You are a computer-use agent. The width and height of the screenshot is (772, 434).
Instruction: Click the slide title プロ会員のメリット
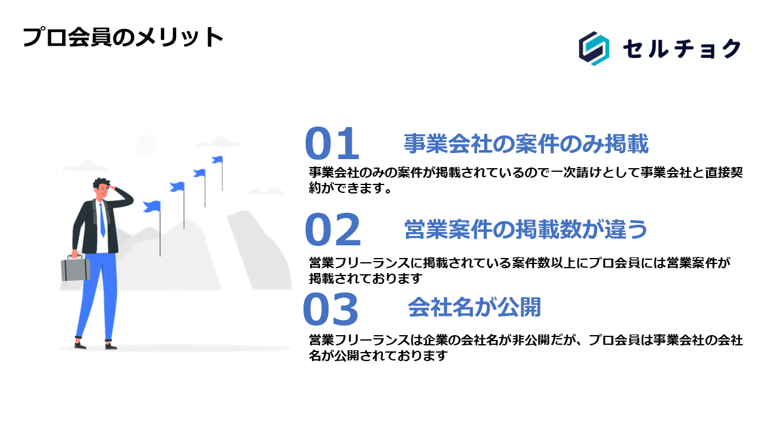coord(122,37)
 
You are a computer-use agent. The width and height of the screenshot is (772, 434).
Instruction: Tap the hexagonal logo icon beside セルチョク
coord(594,48)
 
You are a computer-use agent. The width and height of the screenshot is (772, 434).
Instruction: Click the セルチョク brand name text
coord(682,49)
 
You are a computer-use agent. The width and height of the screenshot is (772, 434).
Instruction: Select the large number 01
coord(332,143)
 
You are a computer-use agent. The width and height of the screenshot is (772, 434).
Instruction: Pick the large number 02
coord(333,230)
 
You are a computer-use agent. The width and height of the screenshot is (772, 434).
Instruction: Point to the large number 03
coord(331,309)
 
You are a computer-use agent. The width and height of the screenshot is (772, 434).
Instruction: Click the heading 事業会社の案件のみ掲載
coord(526,143)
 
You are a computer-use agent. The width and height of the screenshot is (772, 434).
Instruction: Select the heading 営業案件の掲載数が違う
coord(525,230)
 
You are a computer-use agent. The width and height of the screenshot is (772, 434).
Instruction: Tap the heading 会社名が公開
coord(475,307)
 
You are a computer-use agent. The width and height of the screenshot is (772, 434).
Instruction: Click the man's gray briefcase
coord(75,269)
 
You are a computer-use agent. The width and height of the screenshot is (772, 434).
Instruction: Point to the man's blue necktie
coord(102,221)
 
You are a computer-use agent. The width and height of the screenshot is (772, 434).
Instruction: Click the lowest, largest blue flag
coord(152,206)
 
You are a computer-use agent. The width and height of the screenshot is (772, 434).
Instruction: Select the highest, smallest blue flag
coord(218,160)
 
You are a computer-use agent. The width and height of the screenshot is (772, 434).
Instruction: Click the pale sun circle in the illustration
coord(147,145)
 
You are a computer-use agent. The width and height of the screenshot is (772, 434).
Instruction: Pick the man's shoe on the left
coord(80,345)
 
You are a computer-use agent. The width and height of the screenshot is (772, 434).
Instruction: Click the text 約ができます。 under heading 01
coord(350,187)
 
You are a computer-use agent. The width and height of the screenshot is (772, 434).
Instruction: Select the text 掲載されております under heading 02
coord(365,278)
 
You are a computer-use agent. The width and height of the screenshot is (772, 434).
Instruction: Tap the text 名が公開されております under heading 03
coord(378,355)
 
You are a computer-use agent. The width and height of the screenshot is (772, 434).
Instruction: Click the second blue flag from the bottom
coord(177,187)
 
